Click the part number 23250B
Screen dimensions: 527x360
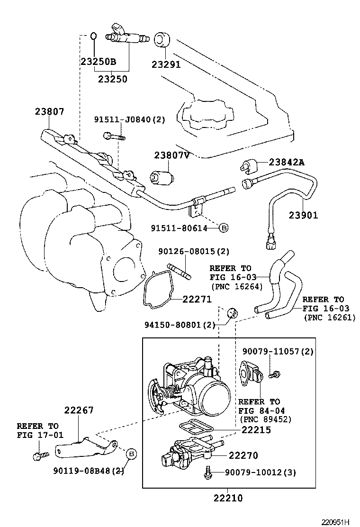tap(98, 62)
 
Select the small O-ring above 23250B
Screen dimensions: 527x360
tap(94, 36)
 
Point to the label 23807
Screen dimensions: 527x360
tap(49, 111)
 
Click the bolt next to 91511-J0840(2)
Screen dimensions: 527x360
tap(113, 136)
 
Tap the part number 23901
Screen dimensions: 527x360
tap(304, 215)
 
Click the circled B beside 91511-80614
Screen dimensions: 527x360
tap(224, 228)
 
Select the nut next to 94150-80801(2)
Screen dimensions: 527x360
tap(232, 313)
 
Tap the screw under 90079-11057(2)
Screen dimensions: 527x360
tap(273, 374)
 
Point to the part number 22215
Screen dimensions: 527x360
tap(256, 430)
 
